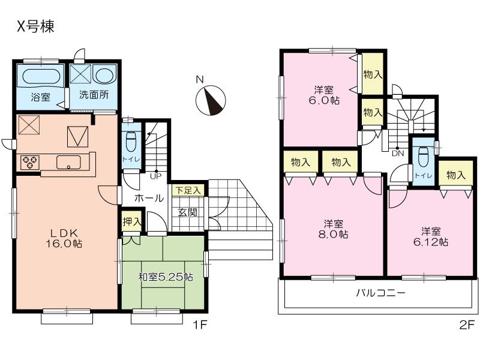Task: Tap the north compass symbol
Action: coord(211,100)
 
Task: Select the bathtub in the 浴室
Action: coord(41,77)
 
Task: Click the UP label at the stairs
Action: coord(155,176)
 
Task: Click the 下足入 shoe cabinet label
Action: coord(188,190)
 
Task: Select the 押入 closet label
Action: coord(132,221)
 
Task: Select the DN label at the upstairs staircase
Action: coord(397,154)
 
